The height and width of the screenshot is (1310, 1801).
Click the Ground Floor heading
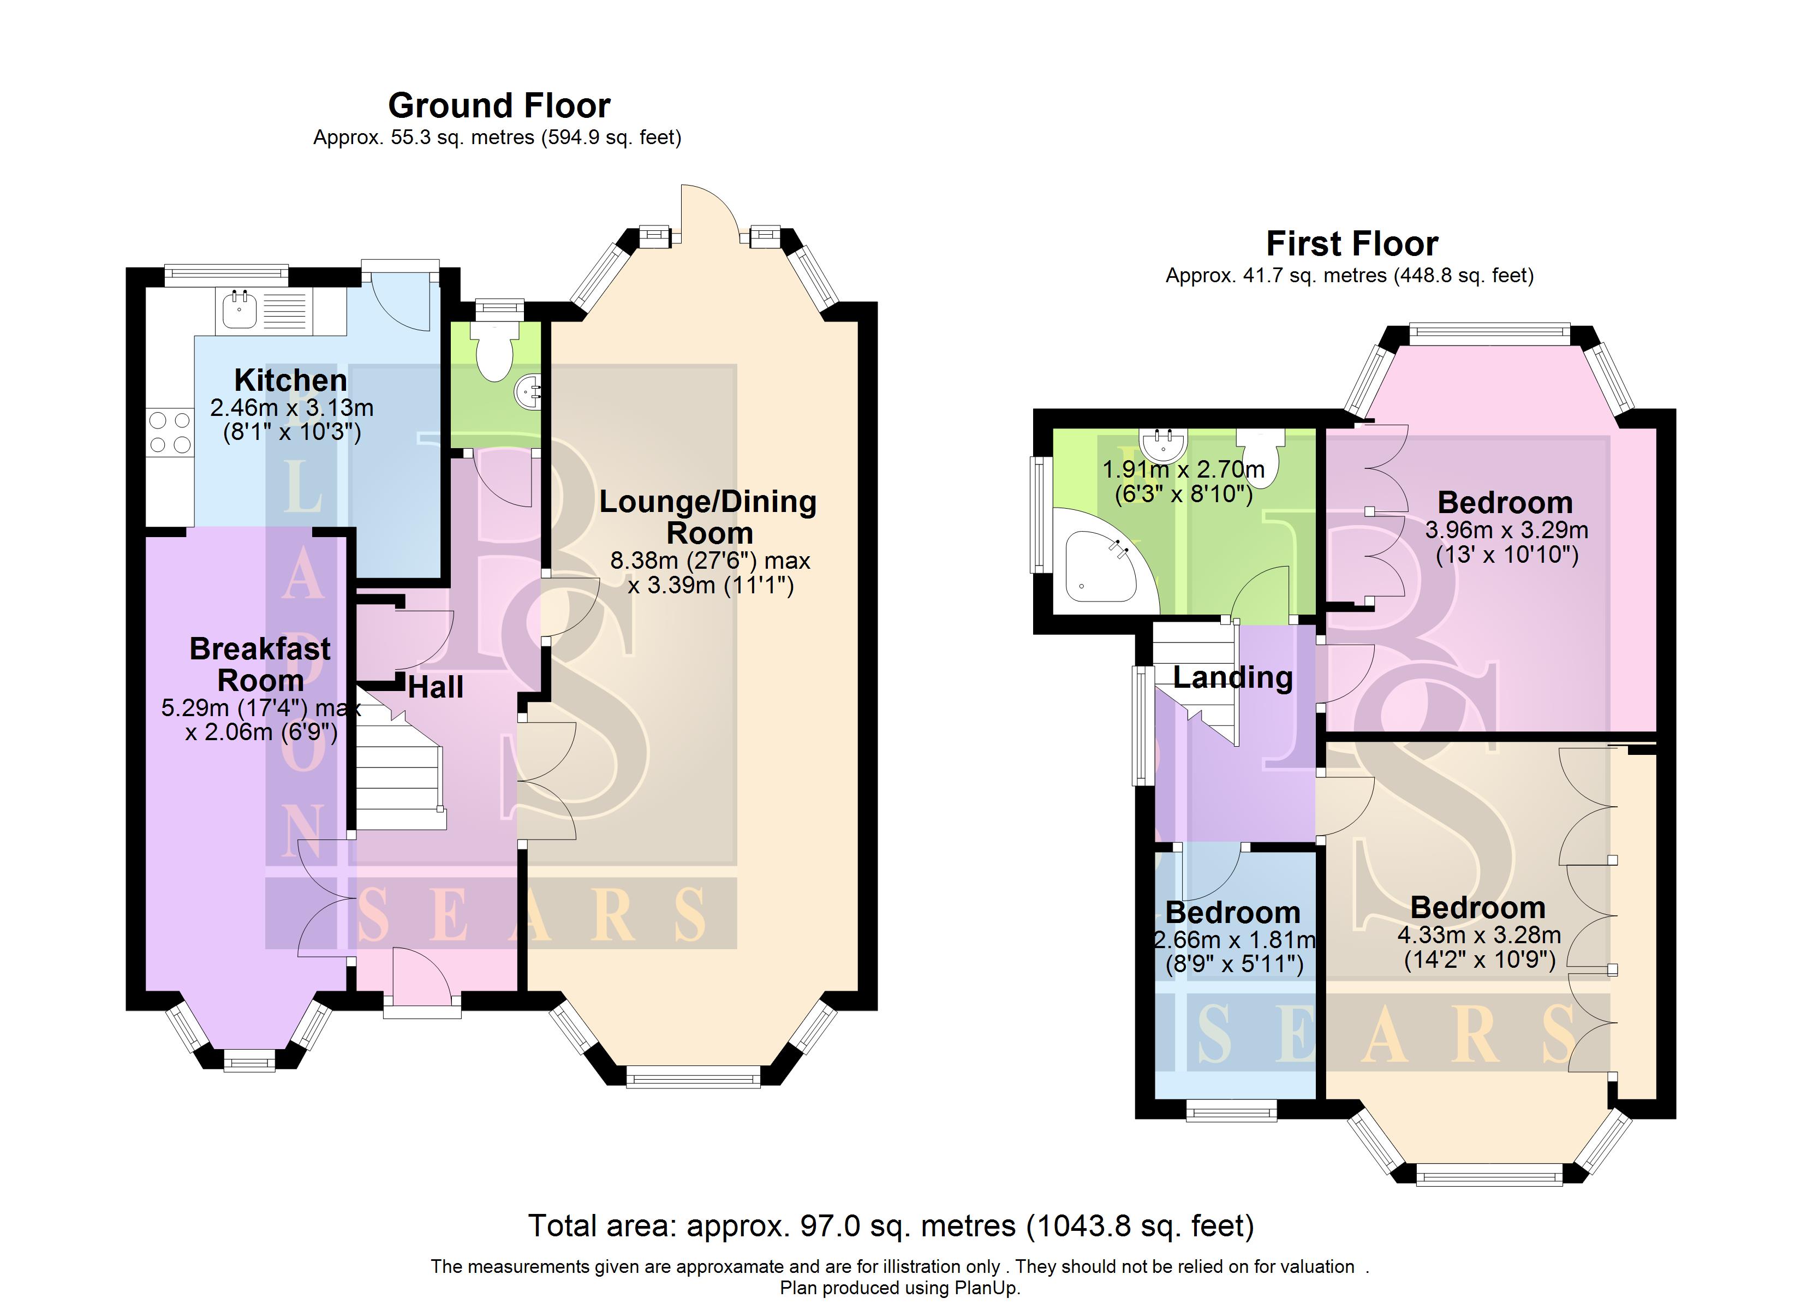tap(499, 106)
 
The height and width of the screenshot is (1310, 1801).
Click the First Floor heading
tap(1351, 244)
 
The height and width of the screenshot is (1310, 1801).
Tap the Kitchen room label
tap(291, 380)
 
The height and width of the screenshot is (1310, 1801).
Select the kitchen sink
tap(238, 310)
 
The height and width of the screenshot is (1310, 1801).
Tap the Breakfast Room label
tap(260, 664)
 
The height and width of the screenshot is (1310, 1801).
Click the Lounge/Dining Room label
tap(707, 517)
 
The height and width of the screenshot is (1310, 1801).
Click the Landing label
tap(1232, 677)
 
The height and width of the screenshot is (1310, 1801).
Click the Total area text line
tap(891, 1226)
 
